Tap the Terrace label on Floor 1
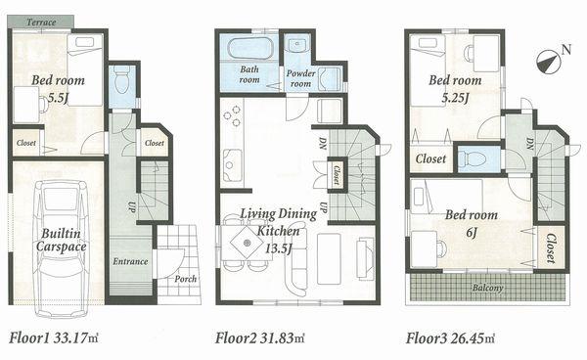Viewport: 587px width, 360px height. (40, 22)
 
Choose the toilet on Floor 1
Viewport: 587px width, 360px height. (122, 82)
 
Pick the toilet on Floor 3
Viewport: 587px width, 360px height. (477, 157)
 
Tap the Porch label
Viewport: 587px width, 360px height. (185, 279)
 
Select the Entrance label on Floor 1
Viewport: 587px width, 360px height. (130, 261)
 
